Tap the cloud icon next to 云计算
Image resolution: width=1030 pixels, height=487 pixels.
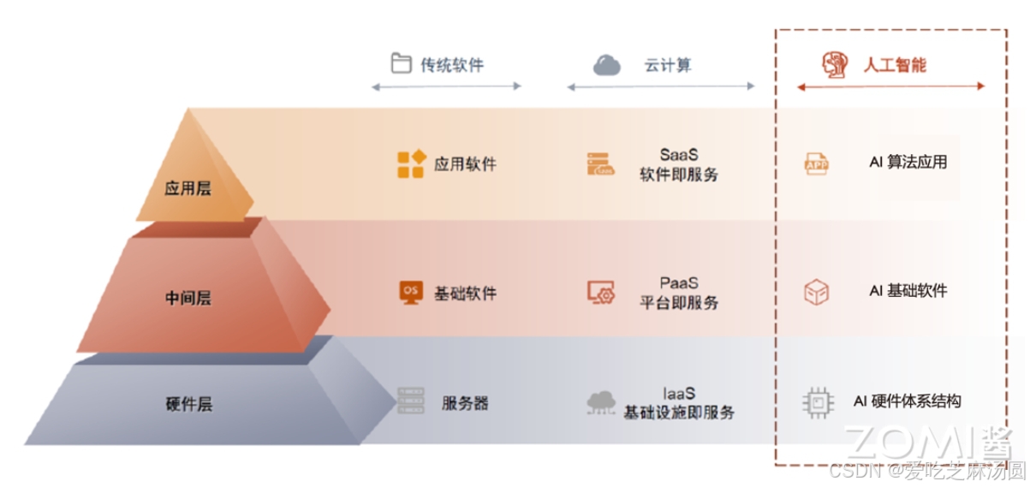pos(606,65)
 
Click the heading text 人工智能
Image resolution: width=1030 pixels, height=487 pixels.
pos(895,65)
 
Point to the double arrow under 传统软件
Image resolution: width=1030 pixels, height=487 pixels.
pos(446,86)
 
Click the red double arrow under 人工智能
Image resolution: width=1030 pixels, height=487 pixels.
pos(890,86)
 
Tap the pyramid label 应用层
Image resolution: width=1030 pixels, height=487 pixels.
pos(188,188)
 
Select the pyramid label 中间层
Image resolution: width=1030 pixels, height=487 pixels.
pos(188,298)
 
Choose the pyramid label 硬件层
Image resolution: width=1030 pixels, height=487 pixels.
pos(188,404)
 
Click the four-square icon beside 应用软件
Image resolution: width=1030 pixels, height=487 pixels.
pos(411,164)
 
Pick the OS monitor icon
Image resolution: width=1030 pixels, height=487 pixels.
pos(411,293)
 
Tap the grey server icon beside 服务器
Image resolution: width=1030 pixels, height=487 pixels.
pos(411,401)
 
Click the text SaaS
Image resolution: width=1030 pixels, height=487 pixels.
pos(679,155)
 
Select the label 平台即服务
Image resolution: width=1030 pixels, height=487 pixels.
pos(679,303)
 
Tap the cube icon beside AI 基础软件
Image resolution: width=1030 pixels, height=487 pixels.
pos(816,293)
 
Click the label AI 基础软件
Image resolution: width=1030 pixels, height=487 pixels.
pos(908,291)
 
